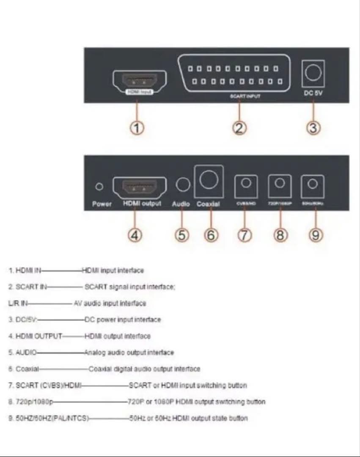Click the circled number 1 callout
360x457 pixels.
coord(137,128)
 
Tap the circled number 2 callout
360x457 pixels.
coord(239,128)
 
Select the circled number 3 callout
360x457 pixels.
coord(313,128)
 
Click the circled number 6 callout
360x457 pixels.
coord(211,235)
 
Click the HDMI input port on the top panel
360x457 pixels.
coord(139,80)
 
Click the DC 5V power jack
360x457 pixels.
coord(313,73)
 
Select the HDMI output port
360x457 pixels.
coord(139,187)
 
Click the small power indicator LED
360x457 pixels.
coord(100,186)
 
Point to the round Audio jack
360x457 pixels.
coord(183,185)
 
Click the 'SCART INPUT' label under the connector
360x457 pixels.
coord(245,96)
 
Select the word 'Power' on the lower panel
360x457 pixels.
coord(102,204)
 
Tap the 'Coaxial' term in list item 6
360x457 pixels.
coord(27,369)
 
